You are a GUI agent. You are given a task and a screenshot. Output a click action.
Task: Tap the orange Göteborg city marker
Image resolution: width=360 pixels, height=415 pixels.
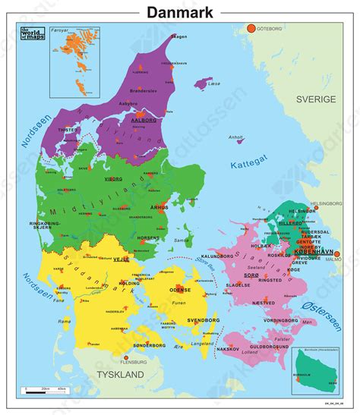(x=250, y=29)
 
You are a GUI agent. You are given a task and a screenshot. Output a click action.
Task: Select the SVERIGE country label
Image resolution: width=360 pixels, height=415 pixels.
(x=316, y=99)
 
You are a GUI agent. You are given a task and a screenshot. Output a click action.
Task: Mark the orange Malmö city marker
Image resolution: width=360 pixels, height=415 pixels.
(x=336, y=254)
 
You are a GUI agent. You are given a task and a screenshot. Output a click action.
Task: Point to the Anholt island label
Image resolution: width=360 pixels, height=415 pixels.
(x=236, y=137)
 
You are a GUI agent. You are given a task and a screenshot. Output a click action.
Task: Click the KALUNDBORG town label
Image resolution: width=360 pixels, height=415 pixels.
(x=218, y=257)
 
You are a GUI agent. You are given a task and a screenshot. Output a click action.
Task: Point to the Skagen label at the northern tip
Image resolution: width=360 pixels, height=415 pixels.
(x=178, y=36)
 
